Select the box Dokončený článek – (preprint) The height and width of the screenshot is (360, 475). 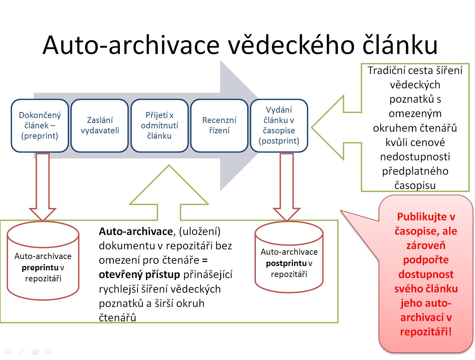[40, 125]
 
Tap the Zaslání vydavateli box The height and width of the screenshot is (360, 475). [100, 125]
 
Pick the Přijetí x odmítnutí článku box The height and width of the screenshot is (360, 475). [159, 125]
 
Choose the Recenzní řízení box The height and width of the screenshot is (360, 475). [219, 125]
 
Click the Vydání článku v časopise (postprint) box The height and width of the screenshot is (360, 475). [279, 125]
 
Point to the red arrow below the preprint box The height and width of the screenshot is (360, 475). [43, 187]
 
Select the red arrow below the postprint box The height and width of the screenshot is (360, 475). [287, 187]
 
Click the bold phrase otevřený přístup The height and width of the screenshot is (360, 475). [139, 275]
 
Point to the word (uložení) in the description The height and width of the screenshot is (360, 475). [200, 232]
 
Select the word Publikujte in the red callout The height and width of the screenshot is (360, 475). [422, 217]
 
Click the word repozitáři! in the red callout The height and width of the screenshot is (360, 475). [426, 331]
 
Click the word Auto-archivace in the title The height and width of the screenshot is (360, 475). [131, 45]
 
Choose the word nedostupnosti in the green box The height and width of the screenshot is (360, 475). [415, 157]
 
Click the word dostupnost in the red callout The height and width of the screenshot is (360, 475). [426, 274]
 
